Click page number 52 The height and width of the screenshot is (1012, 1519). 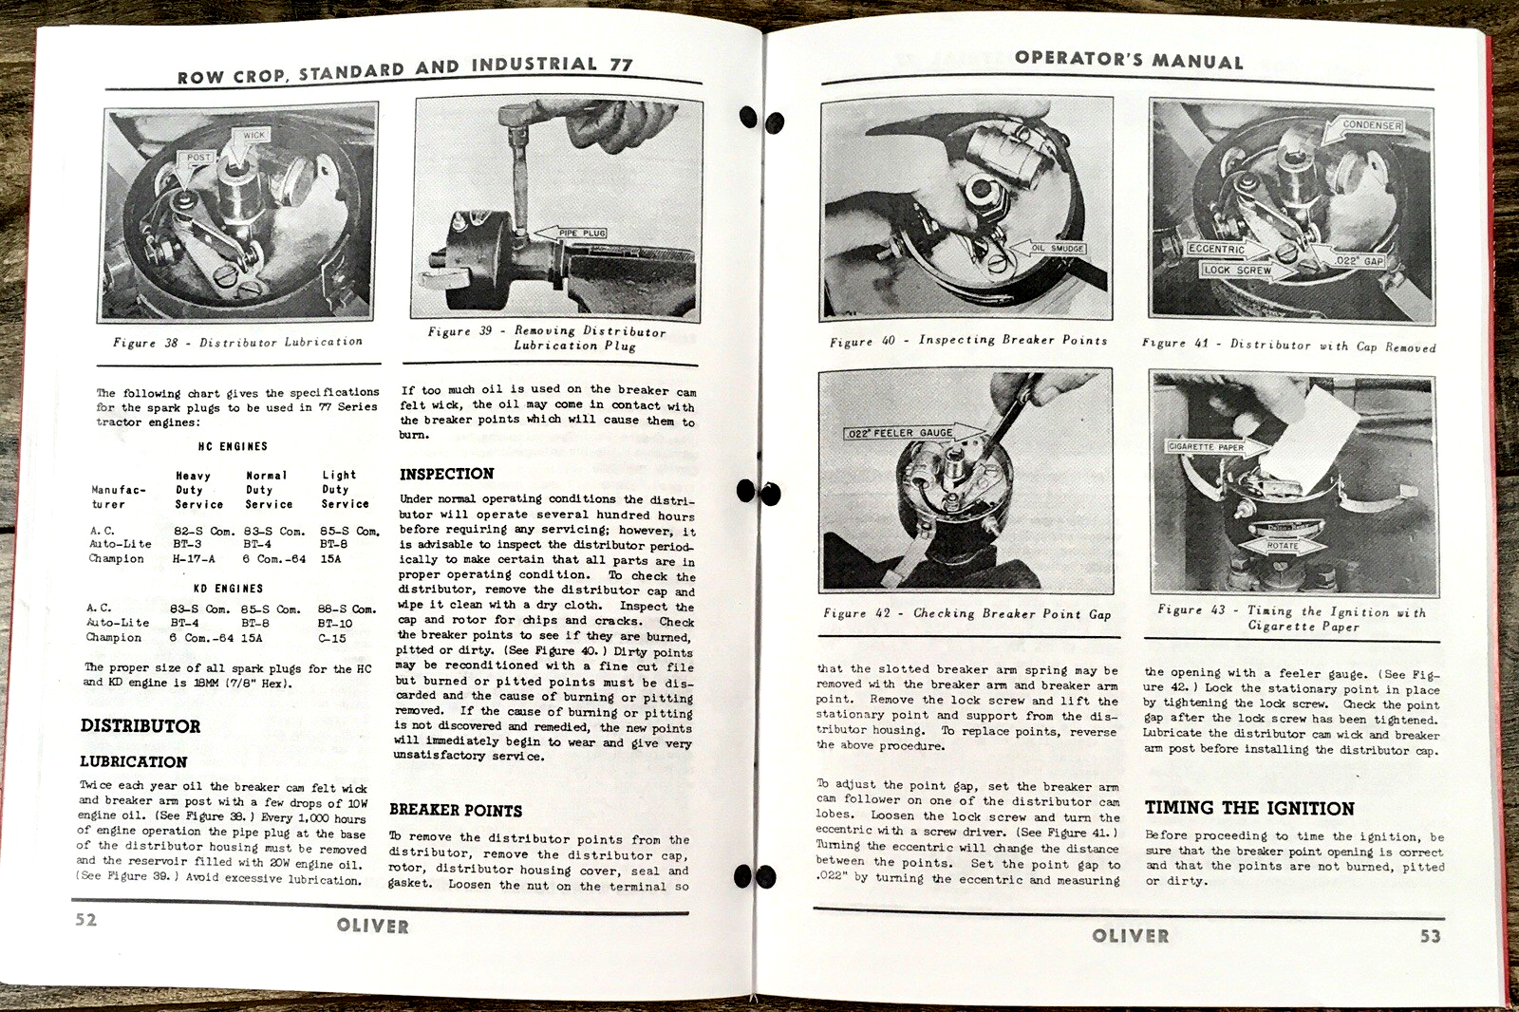(86, 919)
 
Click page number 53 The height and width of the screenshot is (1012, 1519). (1430, 936)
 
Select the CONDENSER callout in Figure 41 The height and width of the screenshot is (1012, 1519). (1371, 125)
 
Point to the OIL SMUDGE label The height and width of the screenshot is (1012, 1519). (1058, 248)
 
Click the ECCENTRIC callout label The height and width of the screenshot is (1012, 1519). (1216, 249)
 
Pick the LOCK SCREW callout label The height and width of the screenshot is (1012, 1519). (1236, 271)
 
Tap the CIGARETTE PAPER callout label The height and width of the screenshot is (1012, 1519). (1205, 446)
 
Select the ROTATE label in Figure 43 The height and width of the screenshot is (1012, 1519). (1282, 546)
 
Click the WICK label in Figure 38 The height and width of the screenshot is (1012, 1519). (254, 135)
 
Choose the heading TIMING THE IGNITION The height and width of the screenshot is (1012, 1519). (1248, 808)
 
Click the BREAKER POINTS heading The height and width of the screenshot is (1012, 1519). (456, 811)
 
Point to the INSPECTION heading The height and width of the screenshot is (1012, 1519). (446, 474)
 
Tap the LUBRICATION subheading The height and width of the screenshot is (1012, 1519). (133, 761)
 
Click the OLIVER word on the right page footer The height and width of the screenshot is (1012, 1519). (1130, 935)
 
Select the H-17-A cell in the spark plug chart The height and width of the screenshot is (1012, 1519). (193, 559)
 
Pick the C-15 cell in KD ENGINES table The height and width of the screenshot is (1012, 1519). (332, 638)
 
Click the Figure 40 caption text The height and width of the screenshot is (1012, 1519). (967, 340)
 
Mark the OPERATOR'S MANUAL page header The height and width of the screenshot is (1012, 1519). (1128, 59)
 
